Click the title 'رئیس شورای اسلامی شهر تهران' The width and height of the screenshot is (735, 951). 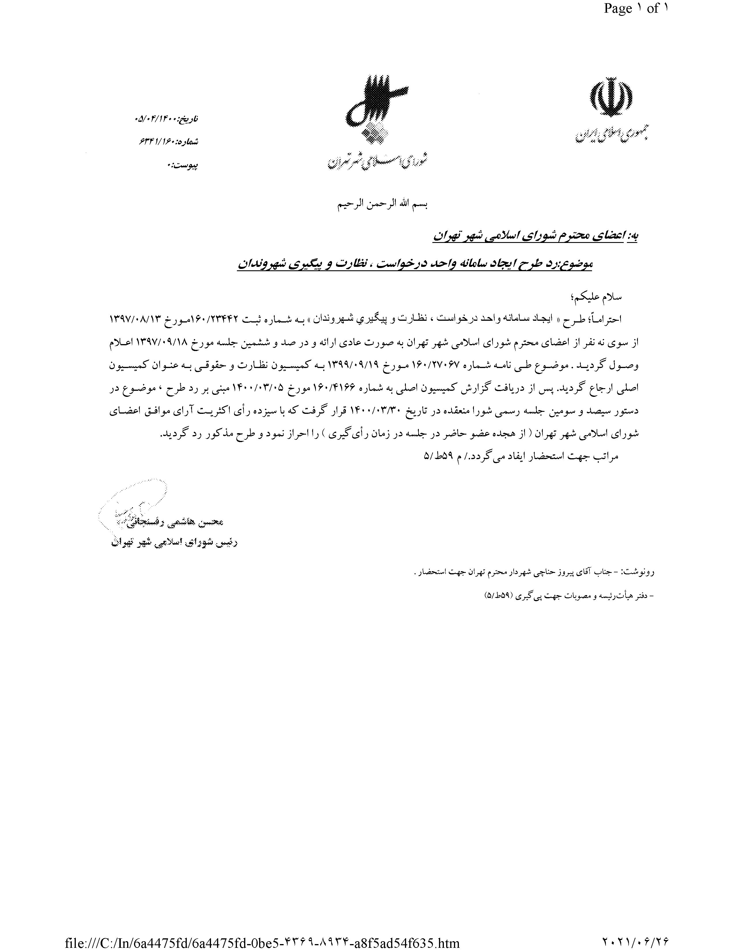173,543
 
